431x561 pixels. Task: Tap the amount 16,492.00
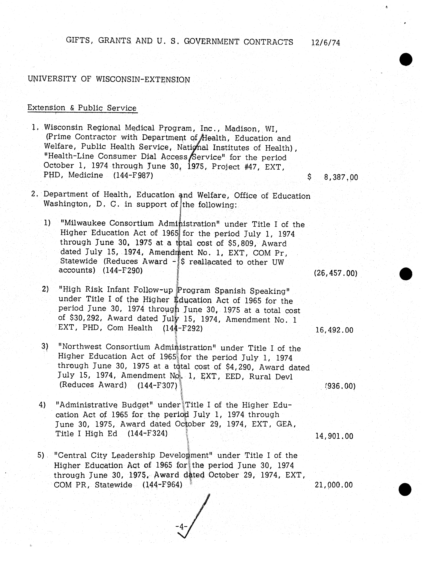[x=334, y=330]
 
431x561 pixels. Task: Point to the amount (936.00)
[x=340, y=386]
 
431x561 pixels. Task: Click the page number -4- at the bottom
[x=182, y=527]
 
